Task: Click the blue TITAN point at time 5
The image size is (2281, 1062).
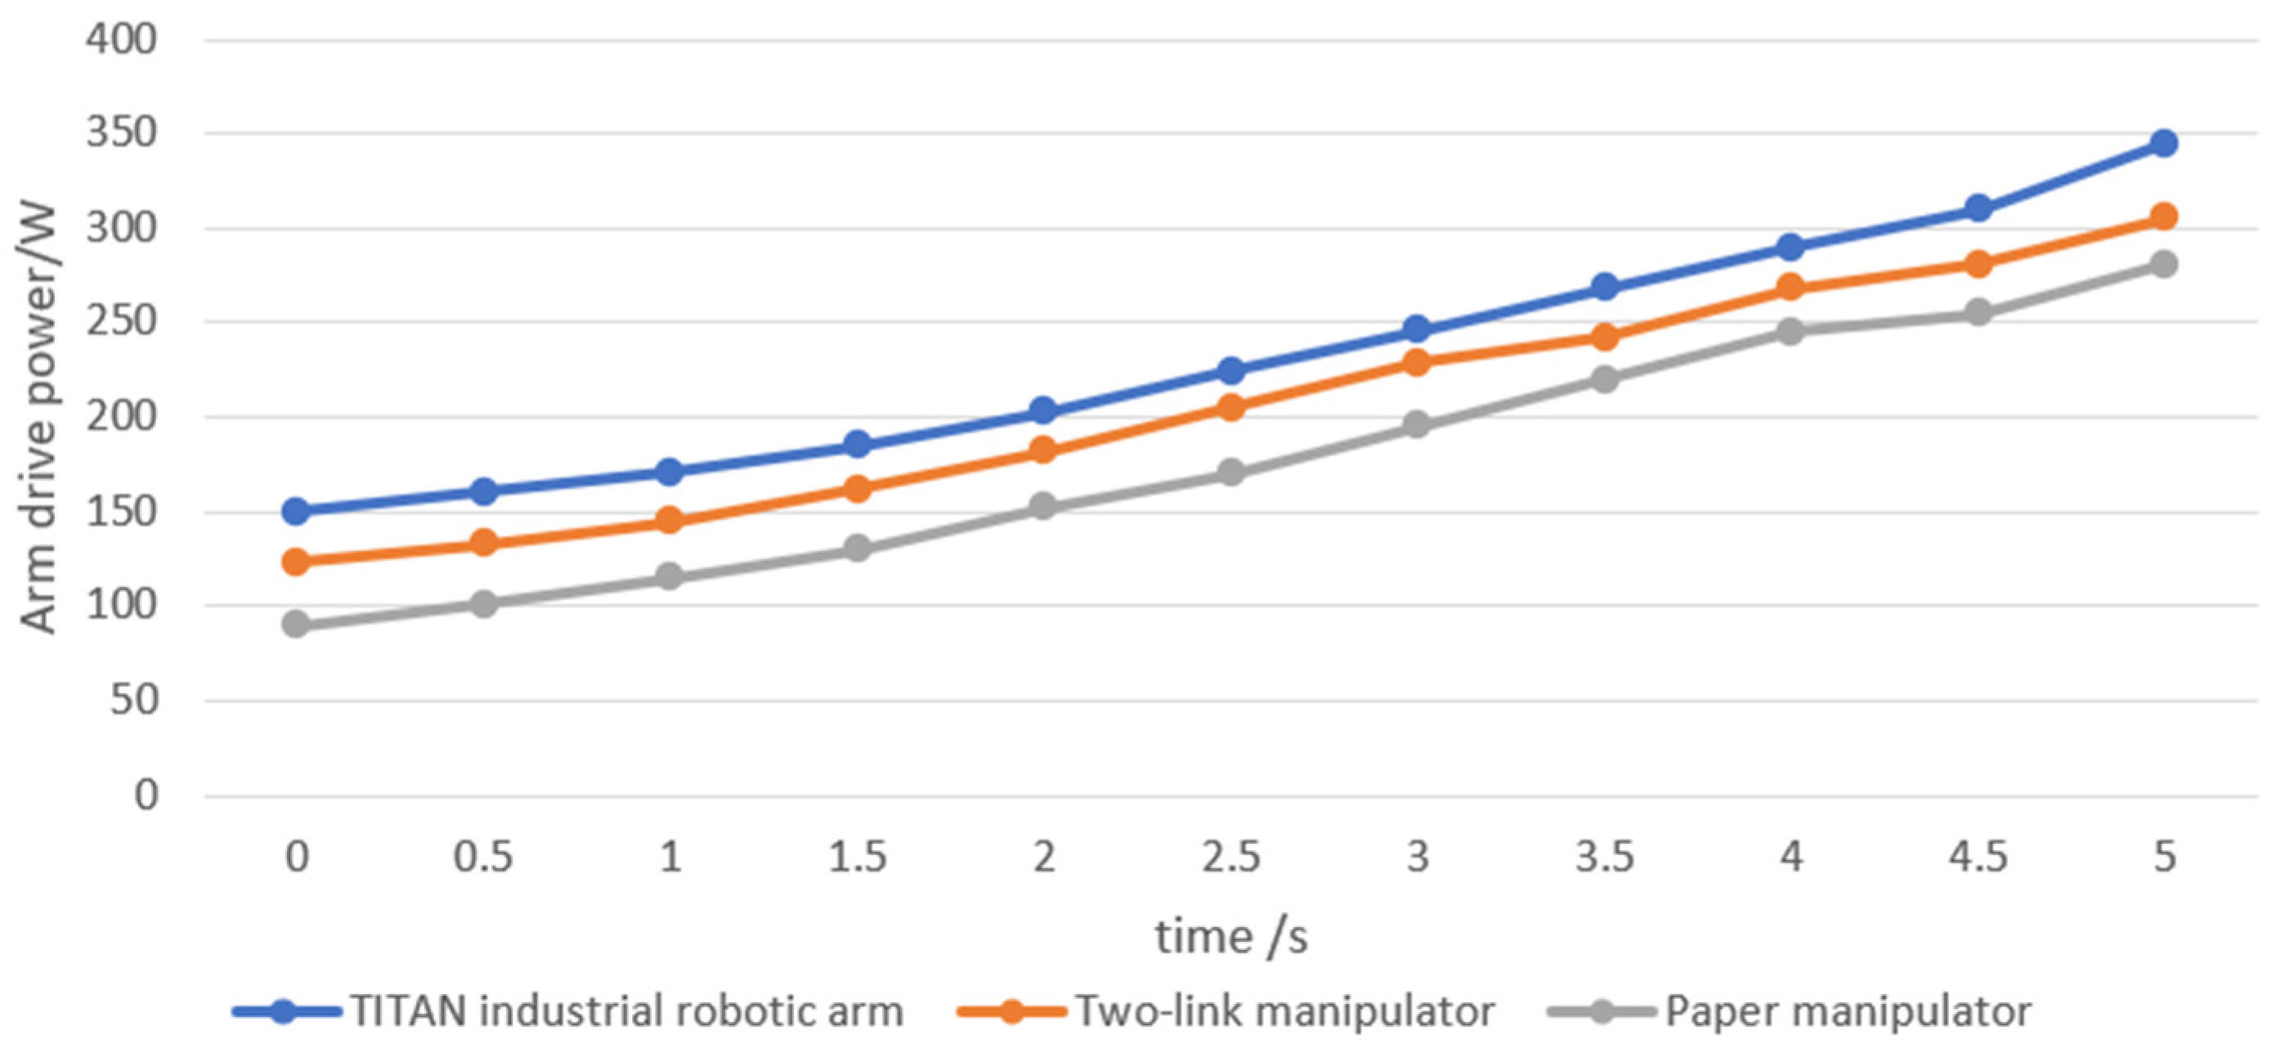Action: [x=2164, y=144]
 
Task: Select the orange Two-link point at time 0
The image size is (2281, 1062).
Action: [x=296, y=562]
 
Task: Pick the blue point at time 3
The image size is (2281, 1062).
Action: [x=1417, y=329]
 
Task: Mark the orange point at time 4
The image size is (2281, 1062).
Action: [x=1790, y=288]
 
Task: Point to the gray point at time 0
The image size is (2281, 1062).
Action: [x=296, y=625]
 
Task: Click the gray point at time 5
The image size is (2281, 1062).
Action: [x=2164, y=264]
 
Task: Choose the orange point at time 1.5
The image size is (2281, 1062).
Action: [x=857, y=489]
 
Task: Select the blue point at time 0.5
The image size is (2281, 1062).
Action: [x=483, y=491]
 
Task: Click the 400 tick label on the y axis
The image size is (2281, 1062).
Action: [x=121, y=40]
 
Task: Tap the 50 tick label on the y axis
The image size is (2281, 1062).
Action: [x=134, y=701]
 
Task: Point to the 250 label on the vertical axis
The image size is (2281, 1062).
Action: [x=121, y=322]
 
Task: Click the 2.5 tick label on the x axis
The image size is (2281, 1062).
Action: [x=1230, y=857]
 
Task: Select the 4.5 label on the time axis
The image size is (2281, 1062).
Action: [x=1979, y=857]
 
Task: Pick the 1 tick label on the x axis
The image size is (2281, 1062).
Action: [x=670, y=857]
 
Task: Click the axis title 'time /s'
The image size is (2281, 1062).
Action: [x=1230, y=936]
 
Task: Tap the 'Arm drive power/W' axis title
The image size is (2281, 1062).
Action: [x=39, y=418]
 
